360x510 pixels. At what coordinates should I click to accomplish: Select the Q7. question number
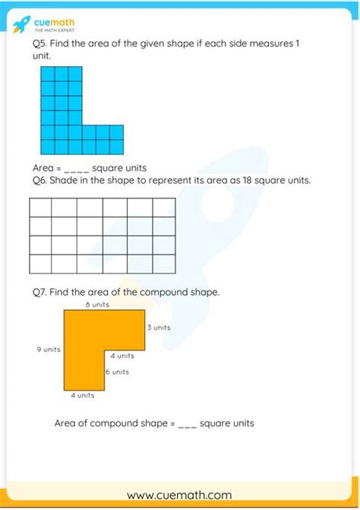pyautogui.click(x=42, y=291)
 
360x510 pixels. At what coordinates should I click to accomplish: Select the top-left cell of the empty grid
pyautogui.click(x=40, y=207)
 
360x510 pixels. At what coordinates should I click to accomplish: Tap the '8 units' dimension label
pyautogui.click(x=96, y=305)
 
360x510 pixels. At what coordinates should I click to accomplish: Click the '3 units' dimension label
pyautogui.click(x=158, y=328)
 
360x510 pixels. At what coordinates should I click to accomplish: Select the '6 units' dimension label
pyautogui.click(x=117, y=372)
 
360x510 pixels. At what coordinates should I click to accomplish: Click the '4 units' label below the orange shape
pyautogui.click(x=83, y=395)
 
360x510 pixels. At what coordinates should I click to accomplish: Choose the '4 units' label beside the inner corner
pyautogui.click(x=122, y=356)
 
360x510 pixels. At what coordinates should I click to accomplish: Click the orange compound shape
pyautogui.click(x=84, y=350)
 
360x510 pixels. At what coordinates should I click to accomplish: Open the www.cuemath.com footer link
pyautogui.click(x=179, y=495)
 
